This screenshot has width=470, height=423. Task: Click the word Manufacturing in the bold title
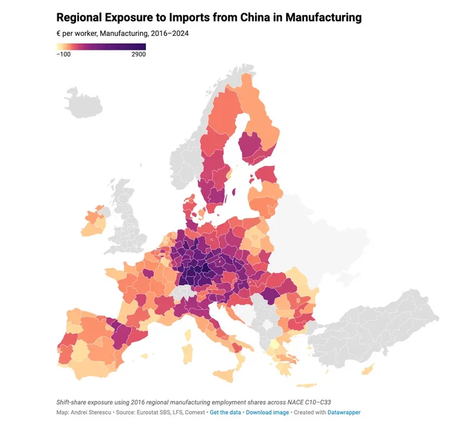(x=323, y=17)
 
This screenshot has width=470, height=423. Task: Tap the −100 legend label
(x=64, y=55)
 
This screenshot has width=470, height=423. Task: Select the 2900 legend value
(x=138, y=55)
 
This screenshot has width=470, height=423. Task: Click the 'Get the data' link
(x=225, y=412)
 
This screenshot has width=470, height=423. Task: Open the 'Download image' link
(x=267, y=412)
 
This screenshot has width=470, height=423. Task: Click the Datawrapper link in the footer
(x=344, y=412)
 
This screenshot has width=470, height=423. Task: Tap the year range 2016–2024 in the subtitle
(x=169, y=33)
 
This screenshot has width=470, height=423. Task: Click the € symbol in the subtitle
(x=59, y=33)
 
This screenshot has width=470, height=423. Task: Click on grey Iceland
(x=83, y=102)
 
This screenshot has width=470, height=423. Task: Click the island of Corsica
(x=187, y=335)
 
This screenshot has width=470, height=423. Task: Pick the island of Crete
(x=306, y=385)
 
